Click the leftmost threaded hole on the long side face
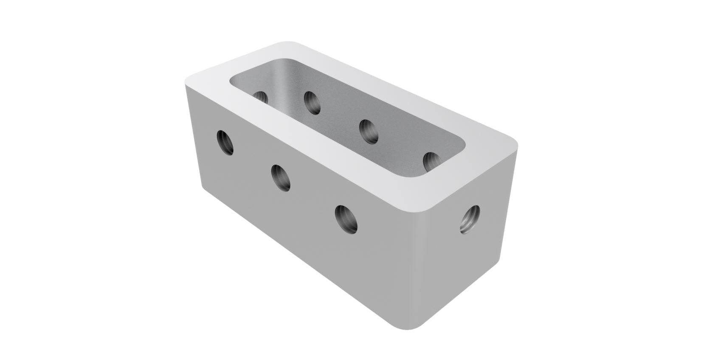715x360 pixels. (x=225, y=142)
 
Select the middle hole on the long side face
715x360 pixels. (x=281, y=177)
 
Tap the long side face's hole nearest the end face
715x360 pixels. (x=346, y=219)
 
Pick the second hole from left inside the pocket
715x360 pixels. (x=312, y=102)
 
